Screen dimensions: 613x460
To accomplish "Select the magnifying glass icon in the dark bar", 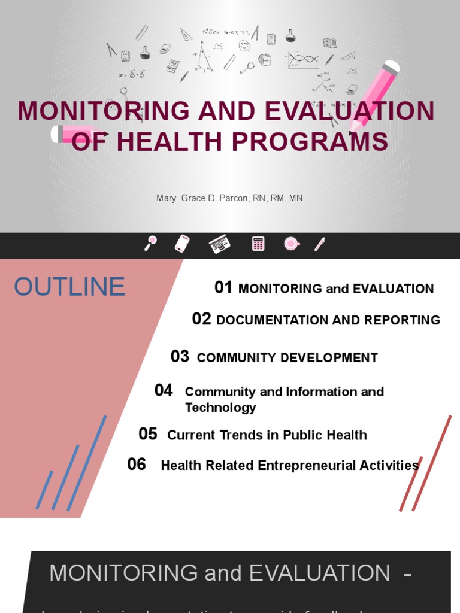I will (150, 243).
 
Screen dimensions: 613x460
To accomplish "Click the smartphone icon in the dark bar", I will (182, 244).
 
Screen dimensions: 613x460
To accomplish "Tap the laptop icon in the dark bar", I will (219, 244).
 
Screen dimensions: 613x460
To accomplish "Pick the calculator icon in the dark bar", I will (258, 244).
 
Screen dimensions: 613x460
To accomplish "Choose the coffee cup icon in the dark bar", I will (292, 244).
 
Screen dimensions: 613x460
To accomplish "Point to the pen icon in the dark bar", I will (320, 244).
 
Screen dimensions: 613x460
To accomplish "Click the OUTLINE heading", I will (69, 287).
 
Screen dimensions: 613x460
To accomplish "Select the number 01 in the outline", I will (223, 288).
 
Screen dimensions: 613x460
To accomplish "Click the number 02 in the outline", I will (201, 319).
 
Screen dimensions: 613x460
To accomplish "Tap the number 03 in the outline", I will (180, 357).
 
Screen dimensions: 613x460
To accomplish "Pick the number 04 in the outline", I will (164, 391).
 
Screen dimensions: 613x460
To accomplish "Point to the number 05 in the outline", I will (147, 434).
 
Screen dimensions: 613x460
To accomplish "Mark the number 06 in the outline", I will (137, 464).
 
